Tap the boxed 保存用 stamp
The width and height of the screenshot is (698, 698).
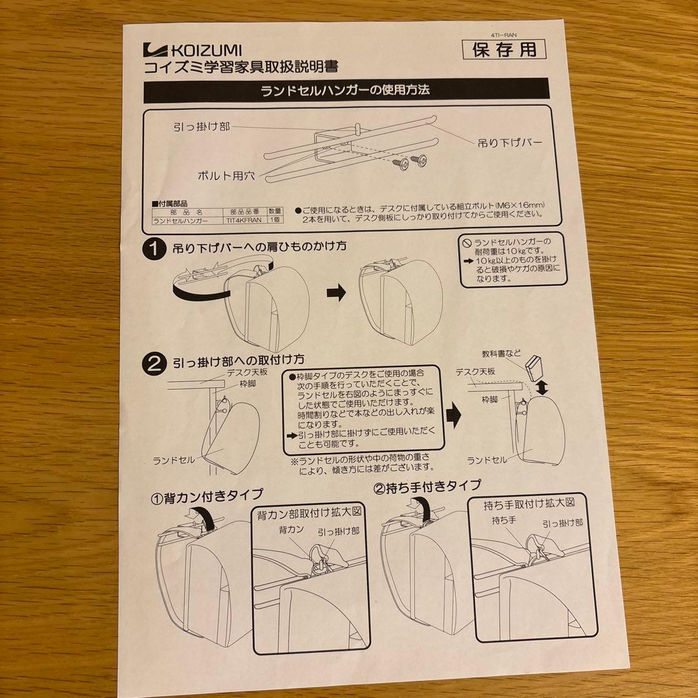point(504,49)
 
